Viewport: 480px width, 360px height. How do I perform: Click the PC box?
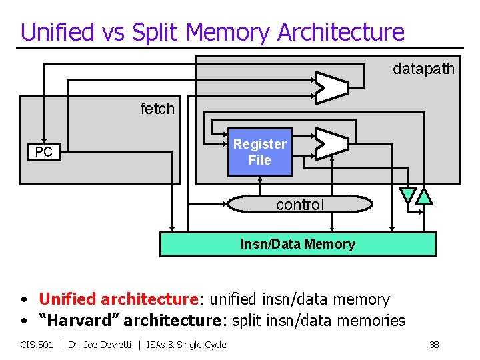(43, 153)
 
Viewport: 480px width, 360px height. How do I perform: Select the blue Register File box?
(260, 152)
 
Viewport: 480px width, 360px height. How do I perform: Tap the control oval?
(299, 205)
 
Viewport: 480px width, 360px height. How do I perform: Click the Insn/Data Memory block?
(298, 244)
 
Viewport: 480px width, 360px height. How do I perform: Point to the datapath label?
(423, 69)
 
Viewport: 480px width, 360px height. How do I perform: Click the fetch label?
(157, 109)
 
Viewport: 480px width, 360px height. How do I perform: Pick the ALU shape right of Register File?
(331, 143)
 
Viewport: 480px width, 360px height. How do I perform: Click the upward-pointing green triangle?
(424, 195)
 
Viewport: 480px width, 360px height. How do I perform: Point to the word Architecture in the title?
(341, 32)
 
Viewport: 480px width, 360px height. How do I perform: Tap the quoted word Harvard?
(79, 321)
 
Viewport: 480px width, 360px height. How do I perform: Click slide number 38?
(434, 345)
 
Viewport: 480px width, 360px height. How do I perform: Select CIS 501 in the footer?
(37, 345)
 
